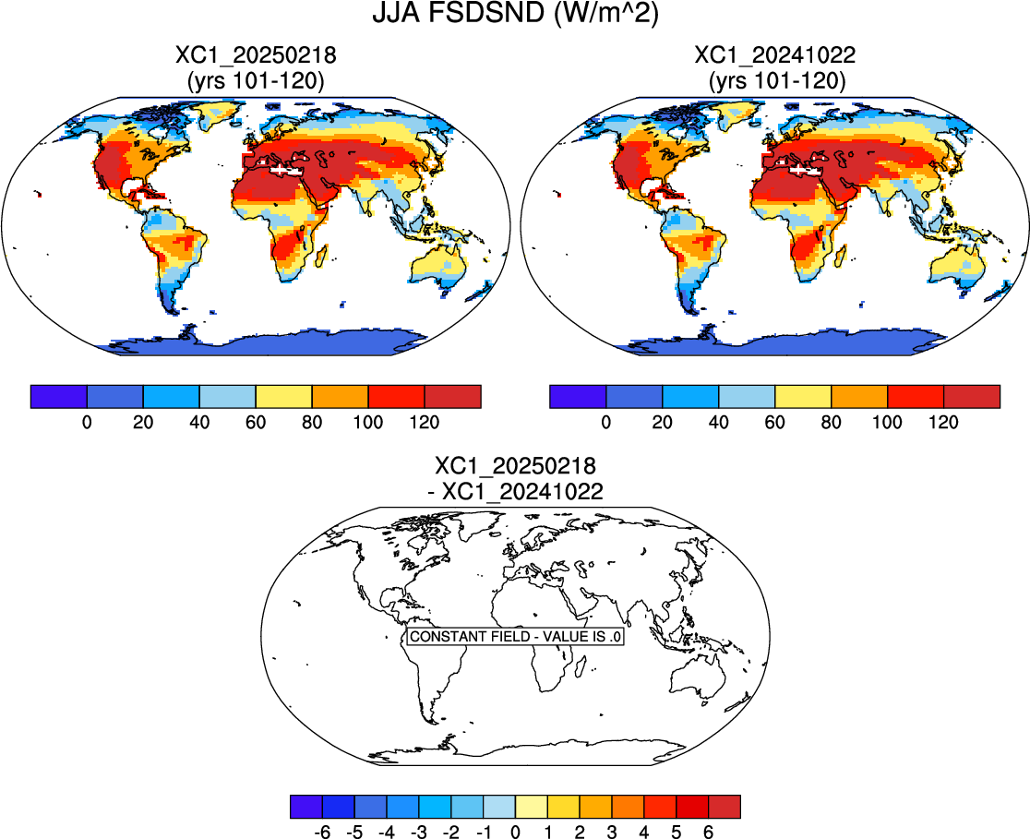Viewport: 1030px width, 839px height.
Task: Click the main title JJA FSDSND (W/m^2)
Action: click(515, 15)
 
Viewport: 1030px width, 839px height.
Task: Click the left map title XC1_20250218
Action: click(256, 56)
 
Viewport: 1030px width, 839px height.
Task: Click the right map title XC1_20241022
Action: click(775, 56)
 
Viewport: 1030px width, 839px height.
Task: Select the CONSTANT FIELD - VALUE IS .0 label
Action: click(516, 637)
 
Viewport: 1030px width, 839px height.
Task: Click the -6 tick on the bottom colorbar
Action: click(322, 832)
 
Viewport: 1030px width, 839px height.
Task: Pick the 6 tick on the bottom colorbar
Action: click(709, 832)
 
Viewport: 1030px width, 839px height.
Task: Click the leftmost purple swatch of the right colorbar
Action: click(578, 396)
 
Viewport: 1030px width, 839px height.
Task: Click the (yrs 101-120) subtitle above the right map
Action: click(775, 81)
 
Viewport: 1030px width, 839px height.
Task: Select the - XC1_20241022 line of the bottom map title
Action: click(516, 492)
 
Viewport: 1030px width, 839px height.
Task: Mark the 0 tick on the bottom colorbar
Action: click(515, 832)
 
